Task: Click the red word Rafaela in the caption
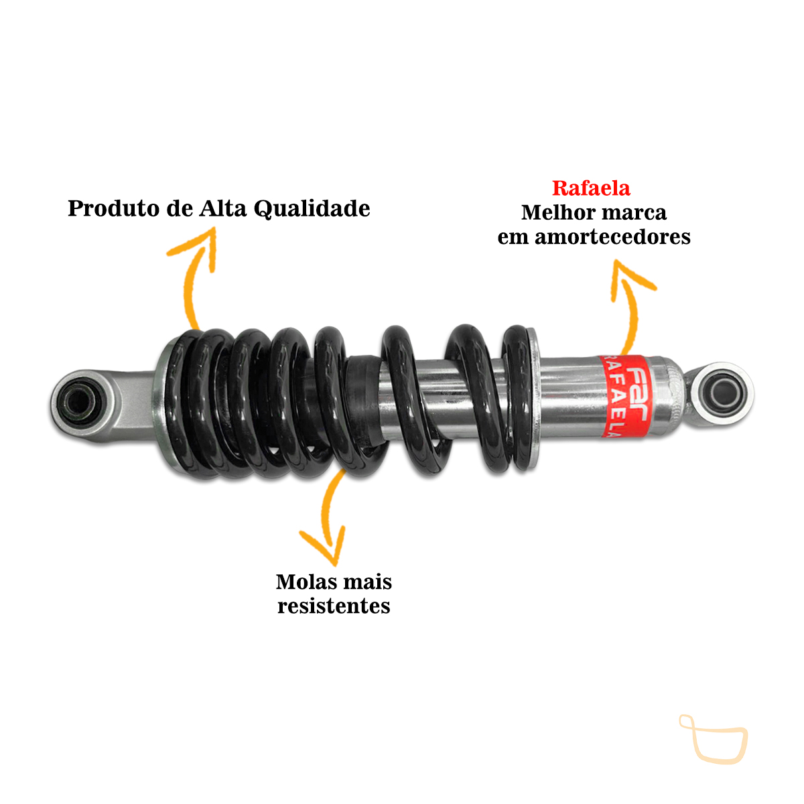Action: [x=590, y=188]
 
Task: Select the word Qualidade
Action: [x=312, y=209]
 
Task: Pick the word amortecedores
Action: [x=612, y=237]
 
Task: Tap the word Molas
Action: [x=305, y=582]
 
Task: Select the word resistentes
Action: [x=334, y=606]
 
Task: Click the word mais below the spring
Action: [x=366, y=582]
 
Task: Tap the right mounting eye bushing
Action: [x=723, y=393]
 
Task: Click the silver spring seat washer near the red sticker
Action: [x=533, y=398]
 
